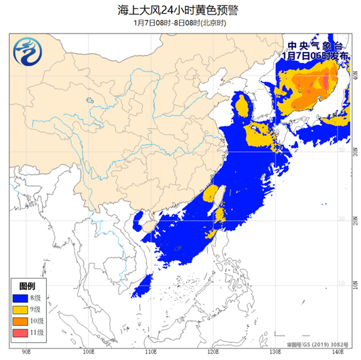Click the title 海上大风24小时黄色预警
pyautogui.click(x=180, y=9)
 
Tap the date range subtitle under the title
pyautogui.click(x=180, y=22)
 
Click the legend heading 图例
pyautogui.click(x=27, y=287)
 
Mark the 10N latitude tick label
pyautogui.click(x=354, y=284)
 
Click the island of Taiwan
pyautogui.click(x=222, y=196)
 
